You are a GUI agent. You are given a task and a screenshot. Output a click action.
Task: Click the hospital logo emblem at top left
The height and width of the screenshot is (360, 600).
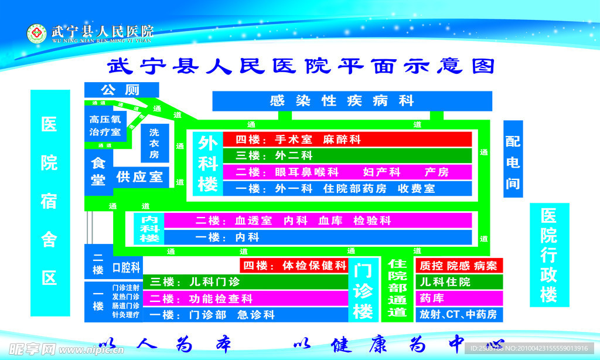tap(36, 33)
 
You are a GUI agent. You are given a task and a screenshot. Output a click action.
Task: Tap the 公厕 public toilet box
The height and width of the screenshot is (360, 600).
tap(121, 90)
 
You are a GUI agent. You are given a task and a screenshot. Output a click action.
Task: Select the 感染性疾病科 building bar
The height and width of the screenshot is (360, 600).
tap(352, 101)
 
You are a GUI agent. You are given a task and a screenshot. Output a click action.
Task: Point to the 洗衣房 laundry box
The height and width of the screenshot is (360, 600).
tap(154, 142)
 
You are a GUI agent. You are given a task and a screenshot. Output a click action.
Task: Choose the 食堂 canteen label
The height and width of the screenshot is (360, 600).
tap(98, 172)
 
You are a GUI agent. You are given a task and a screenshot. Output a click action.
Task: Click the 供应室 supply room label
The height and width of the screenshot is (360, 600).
tap(141, 176)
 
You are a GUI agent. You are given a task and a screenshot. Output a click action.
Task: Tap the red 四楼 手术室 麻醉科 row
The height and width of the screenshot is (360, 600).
tap(347, 140)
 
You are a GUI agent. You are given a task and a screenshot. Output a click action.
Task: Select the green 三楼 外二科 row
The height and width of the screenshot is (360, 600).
tap(347, 155)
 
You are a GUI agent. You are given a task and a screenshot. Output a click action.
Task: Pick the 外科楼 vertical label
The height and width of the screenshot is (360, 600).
tap(207, 164)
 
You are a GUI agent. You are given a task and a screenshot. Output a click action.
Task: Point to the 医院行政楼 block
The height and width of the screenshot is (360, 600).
tap(548, 255)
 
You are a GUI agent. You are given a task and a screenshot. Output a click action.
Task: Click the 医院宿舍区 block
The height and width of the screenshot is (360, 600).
tap(50, 202)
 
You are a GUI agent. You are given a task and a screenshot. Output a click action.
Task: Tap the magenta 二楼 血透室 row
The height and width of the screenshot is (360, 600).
tap(317, 220)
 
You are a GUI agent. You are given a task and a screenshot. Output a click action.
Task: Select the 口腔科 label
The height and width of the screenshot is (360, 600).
tap(127, 268)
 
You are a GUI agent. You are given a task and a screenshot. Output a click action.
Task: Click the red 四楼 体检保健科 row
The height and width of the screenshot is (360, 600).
tap(294, 265)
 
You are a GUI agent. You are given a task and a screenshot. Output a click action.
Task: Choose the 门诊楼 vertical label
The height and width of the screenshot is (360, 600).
tap(363, 290)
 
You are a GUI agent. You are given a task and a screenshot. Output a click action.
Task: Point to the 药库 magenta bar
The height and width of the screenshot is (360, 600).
tap(459, 298)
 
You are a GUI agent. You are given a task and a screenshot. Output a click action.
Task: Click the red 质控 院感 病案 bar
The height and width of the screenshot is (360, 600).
tap(459, 266)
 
